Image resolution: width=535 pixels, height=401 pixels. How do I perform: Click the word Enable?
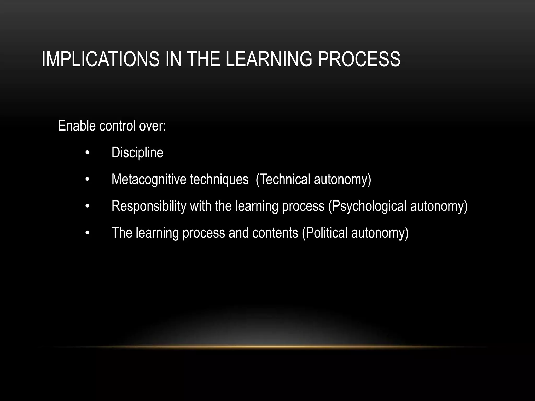[77, 126]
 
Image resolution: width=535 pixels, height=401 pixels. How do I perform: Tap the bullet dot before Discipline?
[87, 153]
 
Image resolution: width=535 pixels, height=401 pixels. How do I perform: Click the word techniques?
[219, 179]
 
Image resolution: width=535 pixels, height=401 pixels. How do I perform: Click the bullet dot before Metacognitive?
[87, 180]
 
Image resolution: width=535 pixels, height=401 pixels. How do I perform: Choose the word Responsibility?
[149, 206]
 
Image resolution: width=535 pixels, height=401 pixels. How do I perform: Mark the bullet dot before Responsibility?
[87, 206]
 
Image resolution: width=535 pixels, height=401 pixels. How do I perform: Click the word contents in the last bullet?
[275, 233]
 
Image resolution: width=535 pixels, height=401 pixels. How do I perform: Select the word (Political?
[325, 233]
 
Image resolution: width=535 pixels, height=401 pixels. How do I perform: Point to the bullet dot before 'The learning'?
[87, 233]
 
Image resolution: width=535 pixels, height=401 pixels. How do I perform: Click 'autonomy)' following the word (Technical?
[342, 179]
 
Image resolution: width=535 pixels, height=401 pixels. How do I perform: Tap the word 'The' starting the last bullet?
[122, 233]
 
